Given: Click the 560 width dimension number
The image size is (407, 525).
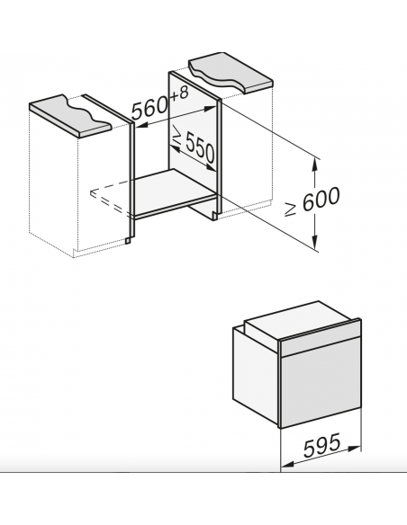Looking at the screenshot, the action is [x=149, y=107].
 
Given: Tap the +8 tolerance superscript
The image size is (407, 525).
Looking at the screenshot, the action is [x=179, y=93].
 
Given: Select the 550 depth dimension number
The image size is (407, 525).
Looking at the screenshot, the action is [x=200, y=149].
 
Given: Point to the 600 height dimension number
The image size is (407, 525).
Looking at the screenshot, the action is [x=321, y=199].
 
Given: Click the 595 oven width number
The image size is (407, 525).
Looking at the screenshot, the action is [x=321, y=445].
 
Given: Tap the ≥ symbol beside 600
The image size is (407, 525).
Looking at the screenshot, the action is [x=290, y=209].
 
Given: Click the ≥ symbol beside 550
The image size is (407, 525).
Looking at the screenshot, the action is [x=176, y=135].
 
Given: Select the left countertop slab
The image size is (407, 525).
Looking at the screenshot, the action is [x=69, y=115].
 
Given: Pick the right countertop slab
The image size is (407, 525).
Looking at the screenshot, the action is [x=231, y=71].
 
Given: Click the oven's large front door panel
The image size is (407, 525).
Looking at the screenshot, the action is [x=321, y=384].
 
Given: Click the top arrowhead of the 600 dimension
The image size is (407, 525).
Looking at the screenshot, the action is [x=314, y=163].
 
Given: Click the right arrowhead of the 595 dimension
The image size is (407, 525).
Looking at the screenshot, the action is [x=355, y=449].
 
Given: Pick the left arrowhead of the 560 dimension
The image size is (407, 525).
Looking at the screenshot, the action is [x=142, y=126].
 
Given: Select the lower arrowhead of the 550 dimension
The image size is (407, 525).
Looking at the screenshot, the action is [x=211, y=167].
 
